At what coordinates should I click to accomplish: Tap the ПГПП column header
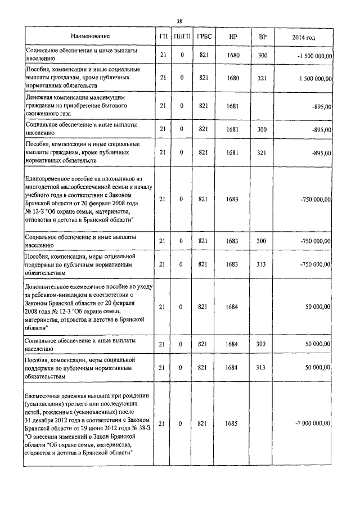pyautogui.click(x=182, y=37)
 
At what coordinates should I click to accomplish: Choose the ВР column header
pyautogui.click(x=262, y=37)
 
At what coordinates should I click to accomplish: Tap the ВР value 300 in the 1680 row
pyautogui.click(x=262, y=55)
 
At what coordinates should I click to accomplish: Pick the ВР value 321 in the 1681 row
pyautogui.click(x=262, y=152)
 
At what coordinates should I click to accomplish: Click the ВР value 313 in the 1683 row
pyautogui.click(x=262, y=264)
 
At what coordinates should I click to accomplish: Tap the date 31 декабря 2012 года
pyautogui.click(x=60, y=419)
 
